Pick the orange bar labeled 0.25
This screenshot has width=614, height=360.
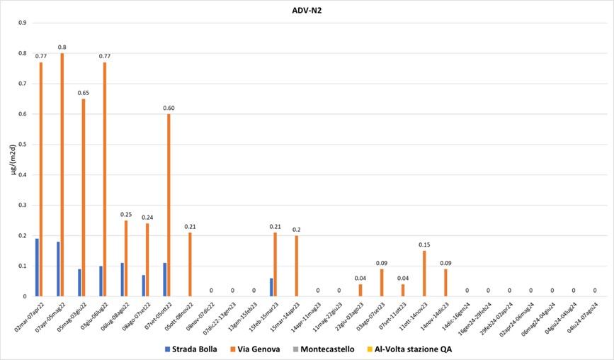(126, 258)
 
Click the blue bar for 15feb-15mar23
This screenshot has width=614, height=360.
(271, 287)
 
